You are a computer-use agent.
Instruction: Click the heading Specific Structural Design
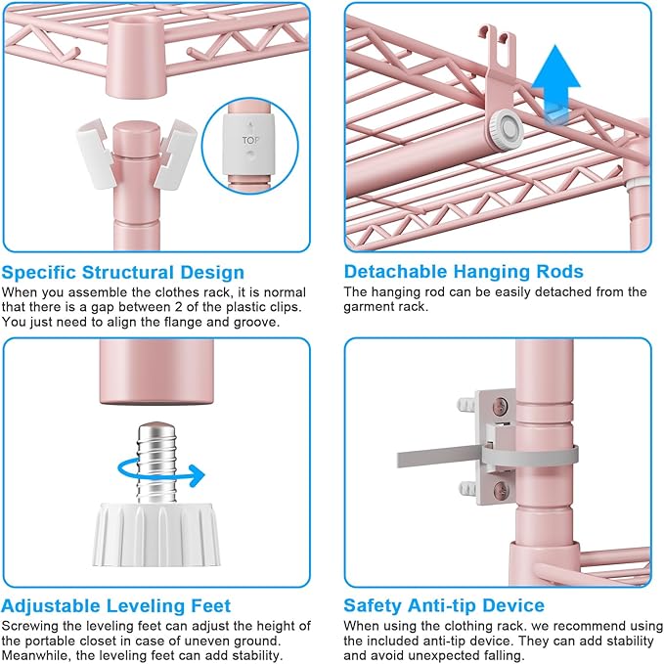point(123,272)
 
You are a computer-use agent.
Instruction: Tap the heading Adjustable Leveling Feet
point(116,606)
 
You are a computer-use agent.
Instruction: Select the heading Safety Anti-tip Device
point(444,606)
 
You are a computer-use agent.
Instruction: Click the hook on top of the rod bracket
point(499,44)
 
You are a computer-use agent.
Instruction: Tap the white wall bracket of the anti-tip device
point(495,445)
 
